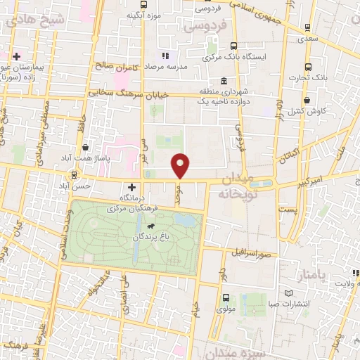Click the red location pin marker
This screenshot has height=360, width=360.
pos(181,165)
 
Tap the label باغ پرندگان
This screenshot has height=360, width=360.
pos(148,238)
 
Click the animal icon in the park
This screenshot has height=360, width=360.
pos(150,227)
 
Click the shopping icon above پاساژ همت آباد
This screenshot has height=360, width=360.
pos(86,148)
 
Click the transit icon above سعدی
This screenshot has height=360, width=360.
pos(307,28)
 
